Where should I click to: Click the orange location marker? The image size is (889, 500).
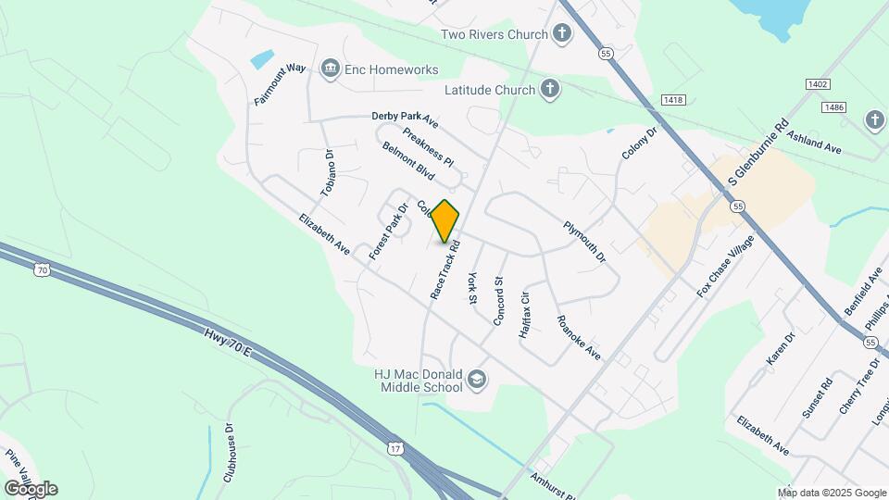[x=445, y=221]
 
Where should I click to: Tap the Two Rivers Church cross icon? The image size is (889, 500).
[x=561, y=35]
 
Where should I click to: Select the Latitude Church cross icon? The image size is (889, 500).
[x=550, y=90]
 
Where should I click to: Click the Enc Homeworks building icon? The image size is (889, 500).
[x=331, y=69]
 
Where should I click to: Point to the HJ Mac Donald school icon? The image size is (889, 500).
[x=477, y=380]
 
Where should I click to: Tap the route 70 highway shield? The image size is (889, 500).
[x=41, y=269]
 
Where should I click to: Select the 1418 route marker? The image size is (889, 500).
[x=673, y=99]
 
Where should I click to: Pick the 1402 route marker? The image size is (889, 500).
[x=818, y=84]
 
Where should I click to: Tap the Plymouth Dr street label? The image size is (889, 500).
[x=584, y=241]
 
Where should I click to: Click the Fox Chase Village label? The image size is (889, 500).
[x=725, y=267]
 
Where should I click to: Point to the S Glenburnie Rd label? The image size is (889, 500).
[x=757, y=151]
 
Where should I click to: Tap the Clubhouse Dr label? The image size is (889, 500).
[x=229, y=454]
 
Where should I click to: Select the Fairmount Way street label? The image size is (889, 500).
[x=280, y=84]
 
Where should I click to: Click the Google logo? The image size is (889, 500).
[x=30, y=489]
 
